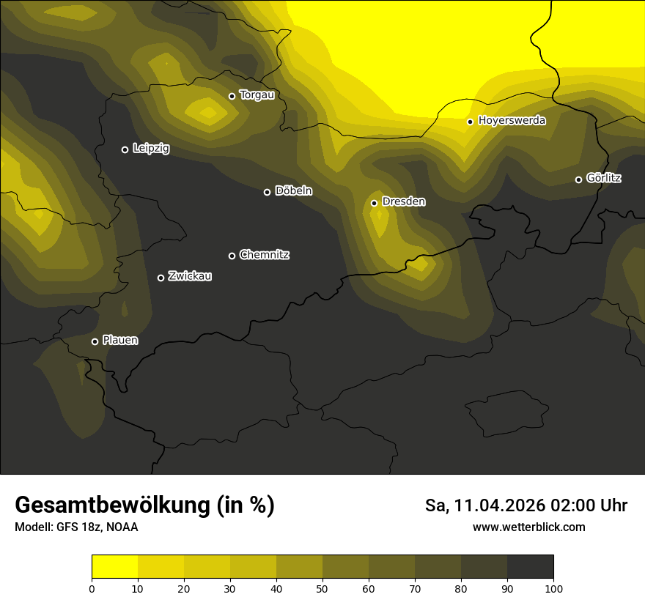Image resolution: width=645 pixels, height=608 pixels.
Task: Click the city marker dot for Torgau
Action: (x=232, y=96)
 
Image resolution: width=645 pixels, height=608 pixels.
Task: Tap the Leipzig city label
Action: (x=151, y=149)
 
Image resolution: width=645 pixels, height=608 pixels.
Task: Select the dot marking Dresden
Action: (x=374, y=203)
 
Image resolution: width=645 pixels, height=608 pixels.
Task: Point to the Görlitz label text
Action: (x=604, y=178)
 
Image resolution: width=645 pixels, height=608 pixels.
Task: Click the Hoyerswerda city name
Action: (x=512, y=120)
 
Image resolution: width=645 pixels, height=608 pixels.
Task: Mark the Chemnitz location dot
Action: (x=232, y=256)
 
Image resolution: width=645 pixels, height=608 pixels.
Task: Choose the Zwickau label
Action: (x=190, y=276)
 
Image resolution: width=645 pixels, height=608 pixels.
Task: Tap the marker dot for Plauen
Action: (x=95, y=341)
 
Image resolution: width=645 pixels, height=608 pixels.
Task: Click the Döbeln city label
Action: (x=293, y=191)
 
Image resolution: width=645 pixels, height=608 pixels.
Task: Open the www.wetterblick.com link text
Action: (x=529, y=527)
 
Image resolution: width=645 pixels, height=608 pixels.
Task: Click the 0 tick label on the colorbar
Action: (x=92, y=588)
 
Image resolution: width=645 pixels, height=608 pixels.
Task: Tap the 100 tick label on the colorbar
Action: (x=553, y=588)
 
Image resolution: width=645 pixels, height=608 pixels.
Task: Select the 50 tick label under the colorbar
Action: (x=322, y=588)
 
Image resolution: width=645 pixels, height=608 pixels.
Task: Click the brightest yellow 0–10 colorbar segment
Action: (x=115, y=567)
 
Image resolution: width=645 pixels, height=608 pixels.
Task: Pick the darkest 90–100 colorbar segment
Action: (x=530, y=567)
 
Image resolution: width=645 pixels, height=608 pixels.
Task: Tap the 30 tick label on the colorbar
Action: (x=230, y=588)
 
